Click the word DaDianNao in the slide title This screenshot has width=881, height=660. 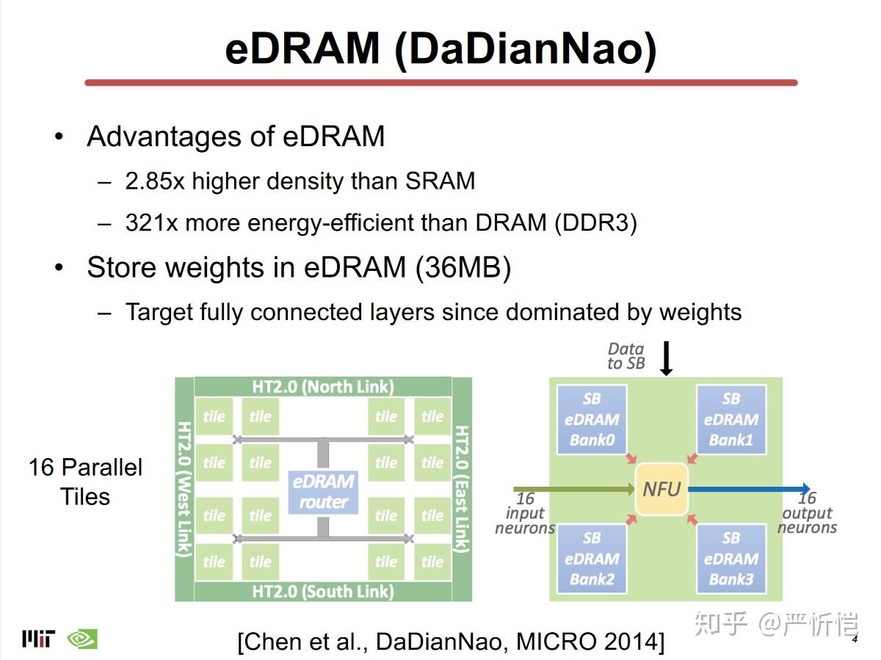524,49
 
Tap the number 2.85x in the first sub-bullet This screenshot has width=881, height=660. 154,181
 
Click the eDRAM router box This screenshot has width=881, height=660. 323,492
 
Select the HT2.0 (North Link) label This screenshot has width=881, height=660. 323,387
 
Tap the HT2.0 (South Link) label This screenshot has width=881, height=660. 323,591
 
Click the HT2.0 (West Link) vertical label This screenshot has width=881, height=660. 184,489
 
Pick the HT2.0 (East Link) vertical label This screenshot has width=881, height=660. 462,489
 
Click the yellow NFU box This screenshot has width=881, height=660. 661,489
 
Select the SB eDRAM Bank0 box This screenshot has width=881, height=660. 592,420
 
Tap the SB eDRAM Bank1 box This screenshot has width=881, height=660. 730,420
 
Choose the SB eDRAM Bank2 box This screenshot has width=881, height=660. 592,559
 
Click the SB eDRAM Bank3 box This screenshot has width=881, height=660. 730,559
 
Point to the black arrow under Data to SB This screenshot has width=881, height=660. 667,358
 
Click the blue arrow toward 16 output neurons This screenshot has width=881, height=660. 749,489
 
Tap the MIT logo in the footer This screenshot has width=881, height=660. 38,639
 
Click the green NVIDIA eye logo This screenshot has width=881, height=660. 81,639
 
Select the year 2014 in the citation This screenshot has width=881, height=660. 631,642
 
